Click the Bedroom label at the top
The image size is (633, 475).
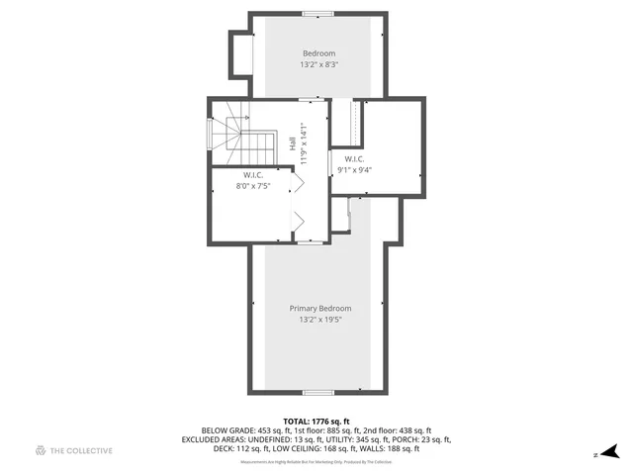(x=318, y=53)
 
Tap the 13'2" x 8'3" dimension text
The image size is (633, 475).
(x=318, y=65)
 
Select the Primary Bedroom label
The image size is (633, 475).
(x=320, y=309)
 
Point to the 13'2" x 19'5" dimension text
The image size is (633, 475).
(x=320, y=321)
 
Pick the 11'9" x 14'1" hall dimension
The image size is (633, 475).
(x=304, y=142)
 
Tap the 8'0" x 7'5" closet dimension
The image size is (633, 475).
(x=252, y=186)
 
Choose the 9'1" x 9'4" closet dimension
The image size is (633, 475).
(x=353, y=169)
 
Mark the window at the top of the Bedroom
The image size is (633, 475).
(x=318, y=13)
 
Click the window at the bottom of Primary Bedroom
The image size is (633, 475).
(x=317, y=393)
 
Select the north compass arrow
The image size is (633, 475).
(x=614, y=451)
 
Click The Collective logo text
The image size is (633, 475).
(x=81, y=451)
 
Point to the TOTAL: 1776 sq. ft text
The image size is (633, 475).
(x=316, y=421)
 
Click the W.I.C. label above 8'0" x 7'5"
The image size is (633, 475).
(x=252, y=175)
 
